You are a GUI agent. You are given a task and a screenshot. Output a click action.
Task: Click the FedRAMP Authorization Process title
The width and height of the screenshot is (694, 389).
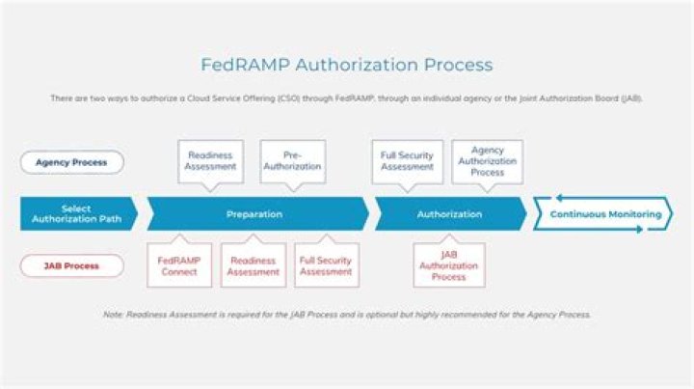point(346,65)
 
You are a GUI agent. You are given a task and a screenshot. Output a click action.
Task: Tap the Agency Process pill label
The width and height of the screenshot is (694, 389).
point(72,162)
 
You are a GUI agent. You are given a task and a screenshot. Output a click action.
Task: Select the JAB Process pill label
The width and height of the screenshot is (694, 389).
point(72,265)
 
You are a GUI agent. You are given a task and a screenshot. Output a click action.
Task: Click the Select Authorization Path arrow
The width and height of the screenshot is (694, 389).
point(76,213)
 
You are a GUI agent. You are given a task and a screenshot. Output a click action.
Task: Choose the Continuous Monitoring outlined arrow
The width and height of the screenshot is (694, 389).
point(604,213)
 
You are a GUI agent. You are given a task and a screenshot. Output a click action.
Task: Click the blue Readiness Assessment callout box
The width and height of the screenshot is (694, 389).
point(211,161)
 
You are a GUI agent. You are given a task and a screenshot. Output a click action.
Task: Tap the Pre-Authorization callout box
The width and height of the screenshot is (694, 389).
point(293,161)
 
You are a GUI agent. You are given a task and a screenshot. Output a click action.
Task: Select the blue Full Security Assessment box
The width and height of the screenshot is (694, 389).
point(408,161)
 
